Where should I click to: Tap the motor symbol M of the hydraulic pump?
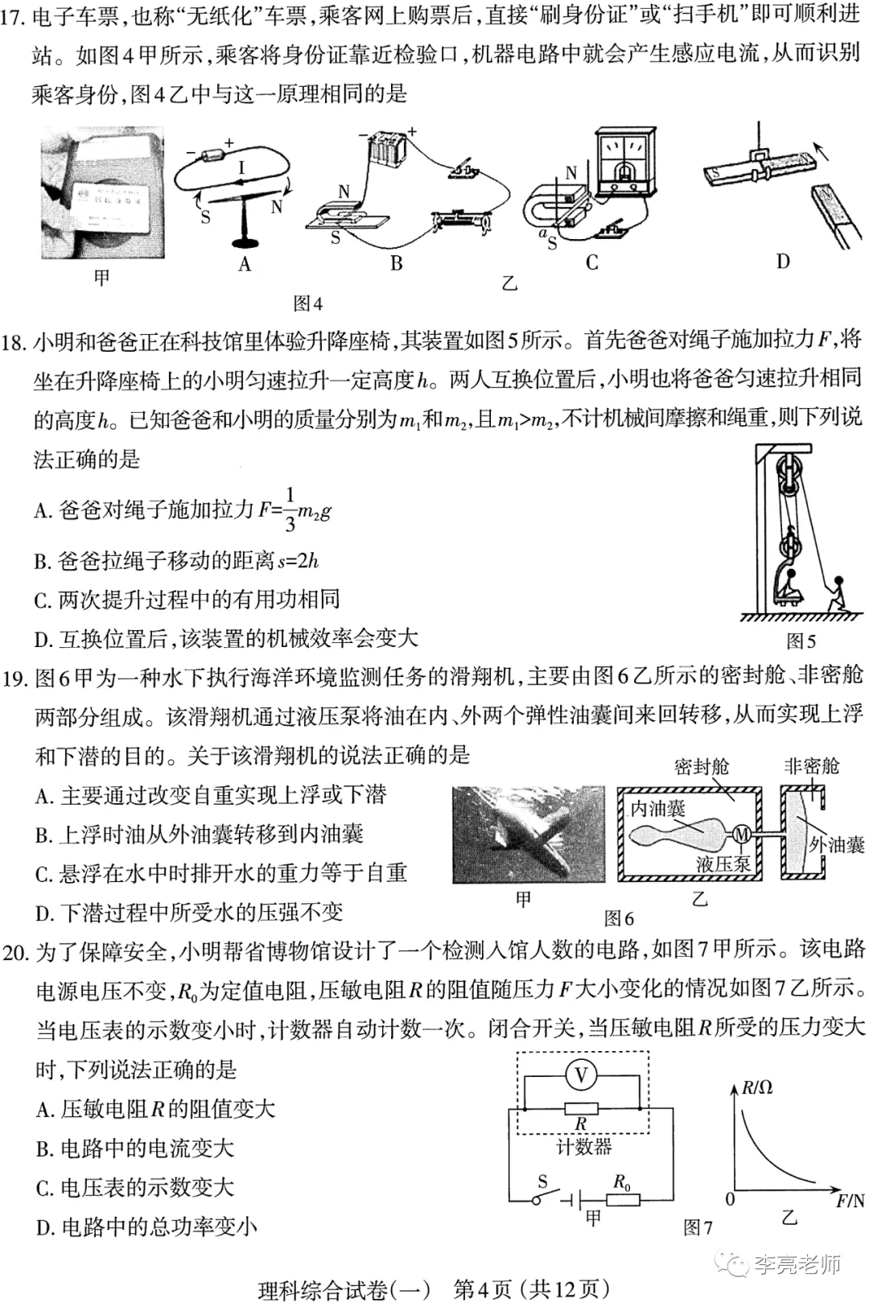click(x=742, y=835)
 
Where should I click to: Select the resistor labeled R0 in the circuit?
click(x=623, y=1200)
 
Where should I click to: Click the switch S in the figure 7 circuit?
click(x=544, y=1198)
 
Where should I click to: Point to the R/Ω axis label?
click(x=756, y=1087)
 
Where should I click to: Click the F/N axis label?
click(x=850, y=1201)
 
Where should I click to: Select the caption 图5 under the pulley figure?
click(x=801, y=641)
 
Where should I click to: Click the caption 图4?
click(x=307, y=303)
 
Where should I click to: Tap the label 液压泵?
click(x=723, y=864)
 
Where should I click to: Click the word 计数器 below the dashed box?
click(x=583, y=1147)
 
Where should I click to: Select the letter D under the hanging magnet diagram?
click(x=783, y=261)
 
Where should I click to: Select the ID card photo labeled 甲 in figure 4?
click(x=101, y=193)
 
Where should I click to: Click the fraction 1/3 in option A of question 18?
click(x=290, y=509)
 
